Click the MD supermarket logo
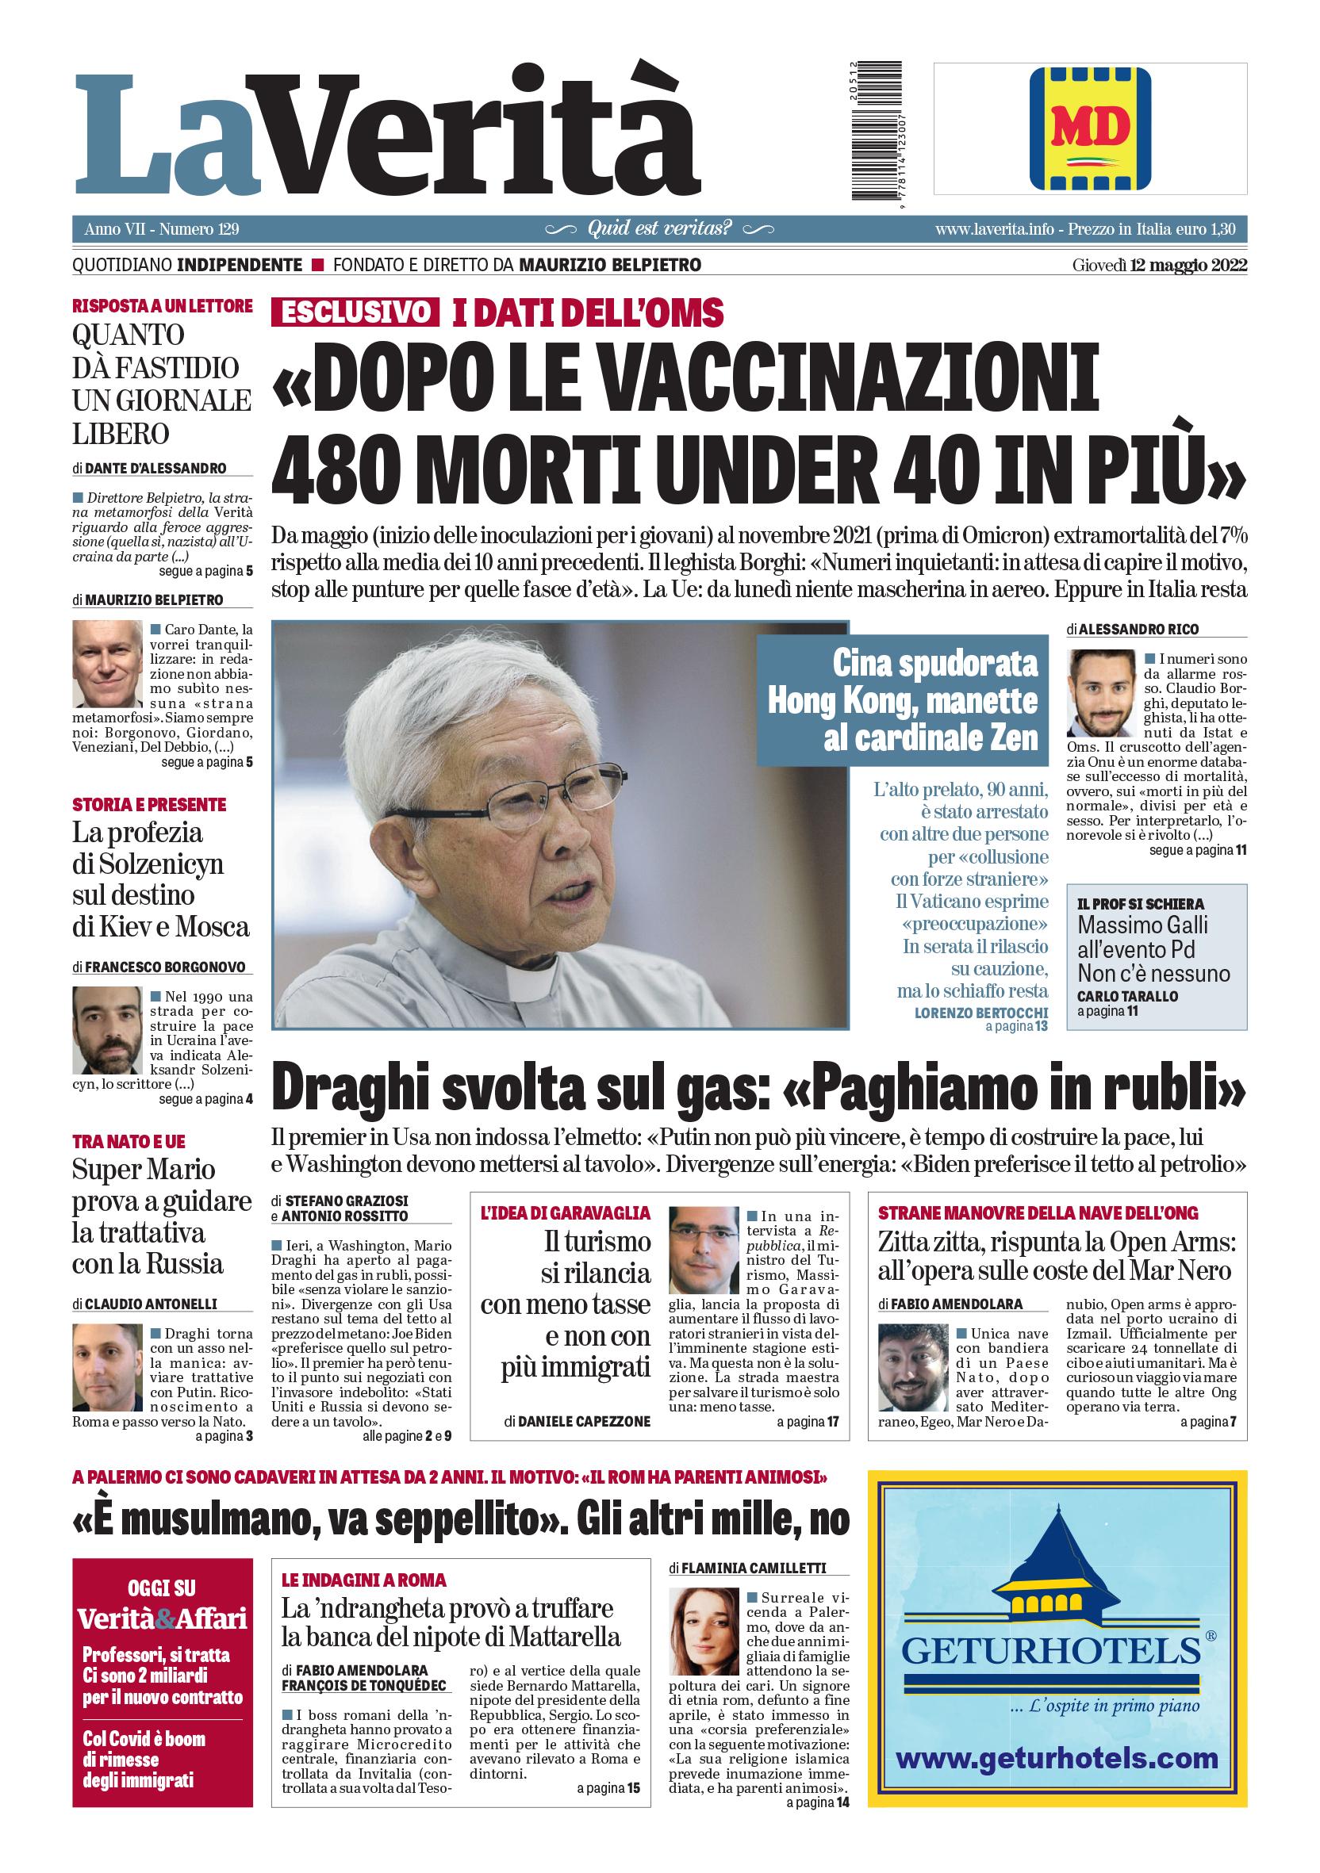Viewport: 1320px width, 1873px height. tap(1090, 128)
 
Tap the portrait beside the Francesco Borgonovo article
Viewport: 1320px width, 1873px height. tap(107, 1030)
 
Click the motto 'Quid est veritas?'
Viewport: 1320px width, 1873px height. tap(660, 228)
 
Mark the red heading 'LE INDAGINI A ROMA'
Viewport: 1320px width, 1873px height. tap(364, 1580)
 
